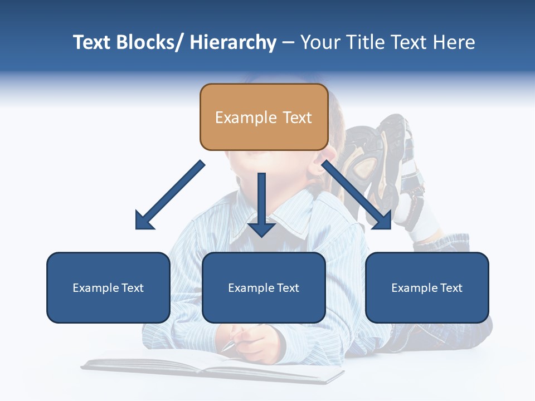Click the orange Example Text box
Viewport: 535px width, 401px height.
[x=264, y=117]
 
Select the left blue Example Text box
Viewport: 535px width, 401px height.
[x=108, y=287]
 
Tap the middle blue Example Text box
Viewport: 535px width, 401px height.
[x=264, y=287]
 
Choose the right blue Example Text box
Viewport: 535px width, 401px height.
[x=427, y=287]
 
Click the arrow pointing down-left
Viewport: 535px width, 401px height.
[x=170, y=195]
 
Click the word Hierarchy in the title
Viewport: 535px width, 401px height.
[x=233, y=42]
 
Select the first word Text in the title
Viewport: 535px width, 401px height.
[x=92, y=42]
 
